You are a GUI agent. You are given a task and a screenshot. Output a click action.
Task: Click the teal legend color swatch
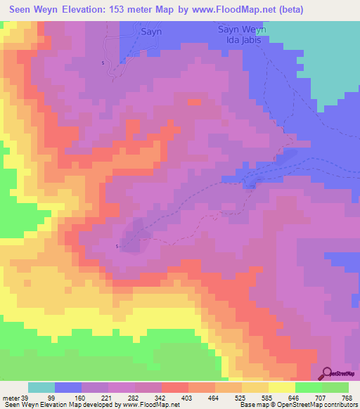click(x=41, y=387)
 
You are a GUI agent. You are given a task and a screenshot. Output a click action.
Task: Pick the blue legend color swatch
click(x=67, y=387)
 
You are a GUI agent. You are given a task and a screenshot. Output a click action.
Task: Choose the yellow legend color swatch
click(x=281, y=387)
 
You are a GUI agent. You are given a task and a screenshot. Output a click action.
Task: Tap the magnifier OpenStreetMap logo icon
click(x=326, y=374)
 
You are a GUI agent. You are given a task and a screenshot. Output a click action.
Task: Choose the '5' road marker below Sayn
click(x=103, y=63)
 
